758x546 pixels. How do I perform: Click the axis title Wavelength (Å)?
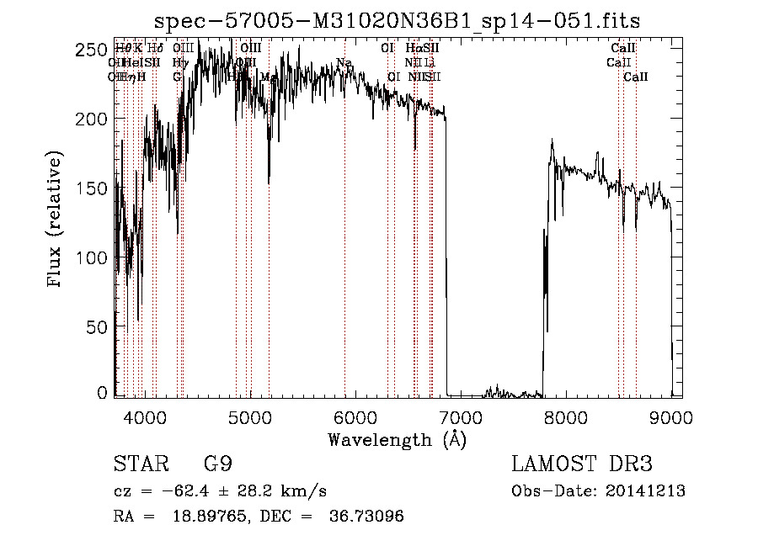[x=397, y=439]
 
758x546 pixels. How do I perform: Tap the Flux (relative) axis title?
[x=56, y=220]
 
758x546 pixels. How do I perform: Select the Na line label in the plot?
[x=344, y=62]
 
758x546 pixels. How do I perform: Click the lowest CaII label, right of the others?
[x=636, y=77]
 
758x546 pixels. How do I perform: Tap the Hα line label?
[x=413, y=49]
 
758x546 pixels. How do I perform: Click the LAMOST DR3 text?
[x=582, y=464]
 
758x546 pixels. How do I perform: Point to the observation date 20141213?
[x=644, y=491]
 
